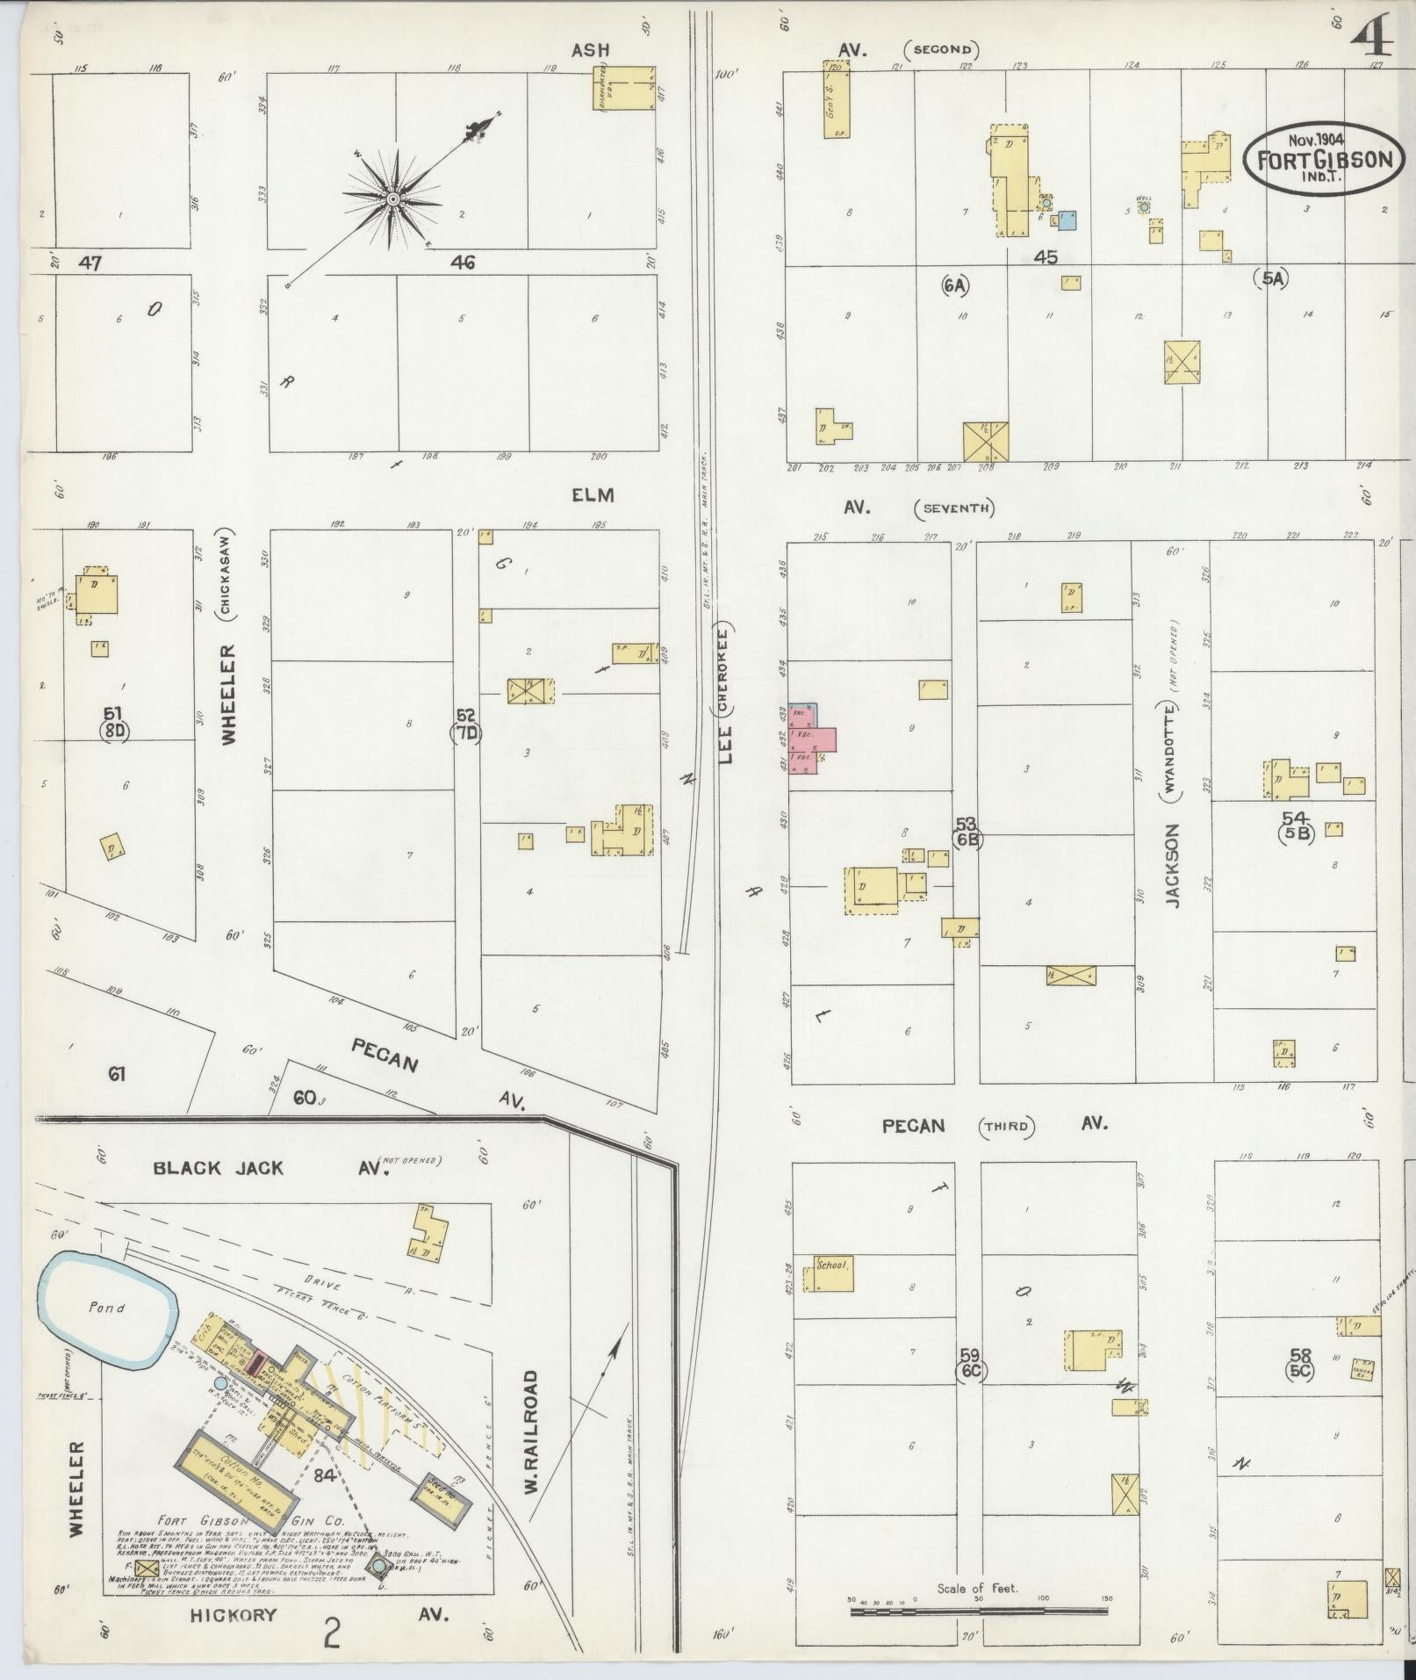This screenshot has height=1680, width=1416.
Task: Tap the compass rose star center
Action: click(394, 200)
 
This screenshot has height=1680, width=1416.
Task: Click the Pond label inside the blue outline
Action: click(106, 1307)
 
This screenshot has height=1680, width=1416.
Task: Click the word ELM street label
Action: click(593, 495)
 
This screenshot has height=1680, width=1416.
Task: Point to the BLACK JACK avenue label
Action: click(219, 1168)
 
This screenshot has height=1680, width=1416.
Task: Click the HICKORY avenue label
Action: click(234, 1614)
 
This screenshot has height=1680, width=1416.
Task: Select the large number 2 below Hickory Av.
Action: click(332, 1634)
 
